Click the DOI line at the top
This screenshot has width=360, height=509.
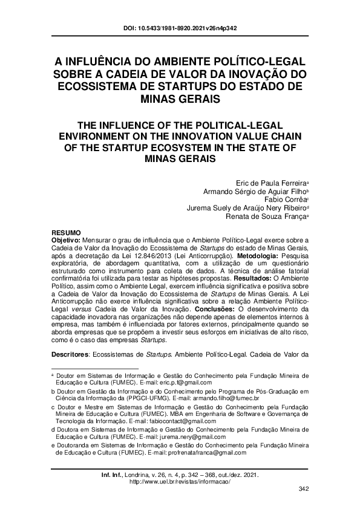pyautogui.click(x=180, y=28)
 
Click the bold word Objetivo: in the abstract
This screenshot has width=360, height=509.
pyautogui.click(x=70, y=240)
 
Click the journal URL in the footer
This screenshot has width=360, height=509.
pyautogui.click(x=180, y=481)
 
